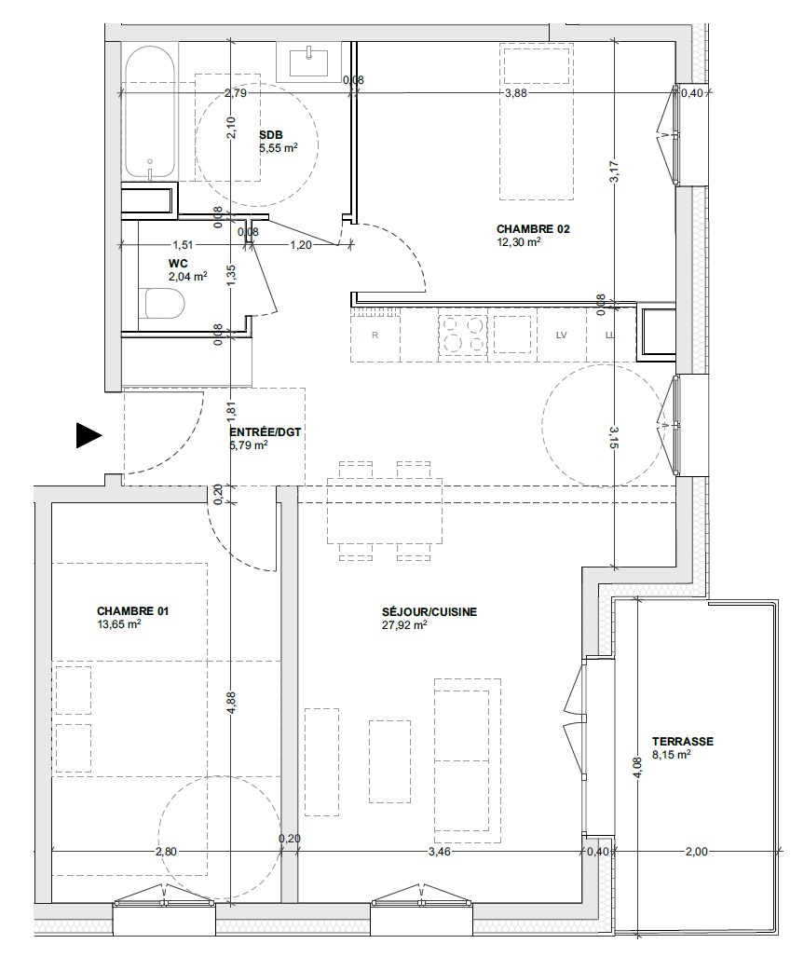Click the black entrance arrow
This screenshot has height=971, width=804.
[88, 435]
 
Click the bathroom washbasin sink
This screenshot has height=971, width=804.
[309, 62]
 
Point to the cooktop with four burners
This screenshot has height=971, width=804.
[463, 335]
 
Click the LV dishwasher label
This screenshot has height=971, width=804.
[562, 335]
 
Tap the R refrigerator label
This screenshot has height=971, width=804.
[375, 335]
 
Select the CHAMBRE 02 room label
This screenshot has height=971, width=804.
[533, 229]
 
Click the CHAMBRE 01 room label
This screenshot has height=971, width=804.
[133, 611]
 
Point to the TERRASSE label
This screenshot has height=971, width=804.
[683, 741]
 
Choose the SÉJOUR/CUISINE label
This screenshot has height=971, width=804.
[429, 612]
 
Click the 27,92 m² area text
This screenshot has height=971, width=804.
[404, 625]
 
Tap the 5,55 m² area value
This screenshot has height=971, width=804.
[279, 148]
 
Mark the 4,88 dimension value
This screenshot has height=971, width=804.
[231, 704]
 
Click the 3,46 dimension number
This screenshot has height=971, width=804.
[440, 852]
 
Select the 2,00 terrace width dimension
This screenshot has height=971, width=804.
[696, 852]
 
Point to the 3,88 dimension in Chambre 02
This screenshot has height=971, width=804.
[516, 93]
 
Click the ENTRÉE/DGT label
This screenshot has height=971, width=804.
[266, 431]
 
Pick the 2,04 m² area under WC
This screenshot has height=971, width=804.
[187, 277]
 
